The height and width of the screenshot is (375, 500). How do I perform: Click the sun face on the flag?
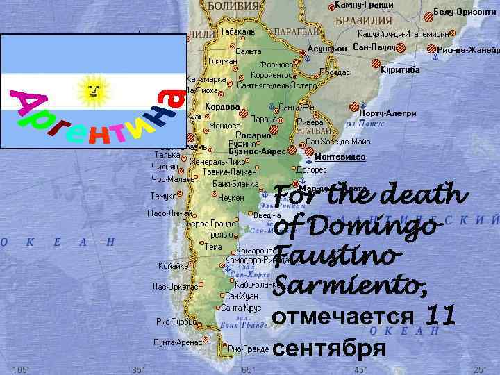point(92,89)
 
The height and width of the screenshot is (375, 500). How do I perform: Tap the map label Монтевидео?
point(340,157)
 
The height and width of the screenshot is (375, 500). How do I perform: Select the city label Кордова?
point(223,107)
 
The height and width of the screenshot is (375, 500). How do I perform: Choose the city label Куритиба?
point(400,70)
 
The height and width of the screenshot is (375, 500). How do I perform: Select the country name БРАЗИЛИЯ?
point(364,20)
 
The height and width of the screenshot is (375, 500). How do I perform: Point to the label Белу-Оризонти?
point(465,12)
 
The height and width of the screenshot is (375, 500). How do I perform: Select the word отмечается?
point(344,317)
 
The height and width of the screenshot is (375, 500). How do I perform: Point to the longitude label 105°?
point(21,369)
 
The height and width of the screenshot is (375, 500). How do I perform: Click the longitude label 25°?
point(479,369)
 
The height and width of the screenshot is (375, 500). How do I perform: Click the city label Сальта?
point(249,51)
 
